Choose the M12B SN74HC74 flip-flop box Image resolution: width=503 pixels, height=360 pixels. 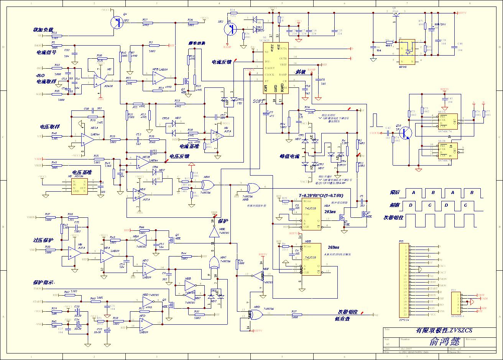point(447,150)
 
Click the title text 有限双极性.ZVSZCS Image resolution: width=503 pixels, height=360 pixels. point(444,330)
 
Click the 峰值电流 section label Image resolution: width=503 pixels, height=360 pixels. point(289,156)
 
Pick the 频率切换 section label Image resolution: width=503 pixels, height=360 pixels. point(197,43)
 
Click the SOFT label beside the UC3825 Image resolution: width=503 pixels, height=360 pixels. point(259,101)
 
